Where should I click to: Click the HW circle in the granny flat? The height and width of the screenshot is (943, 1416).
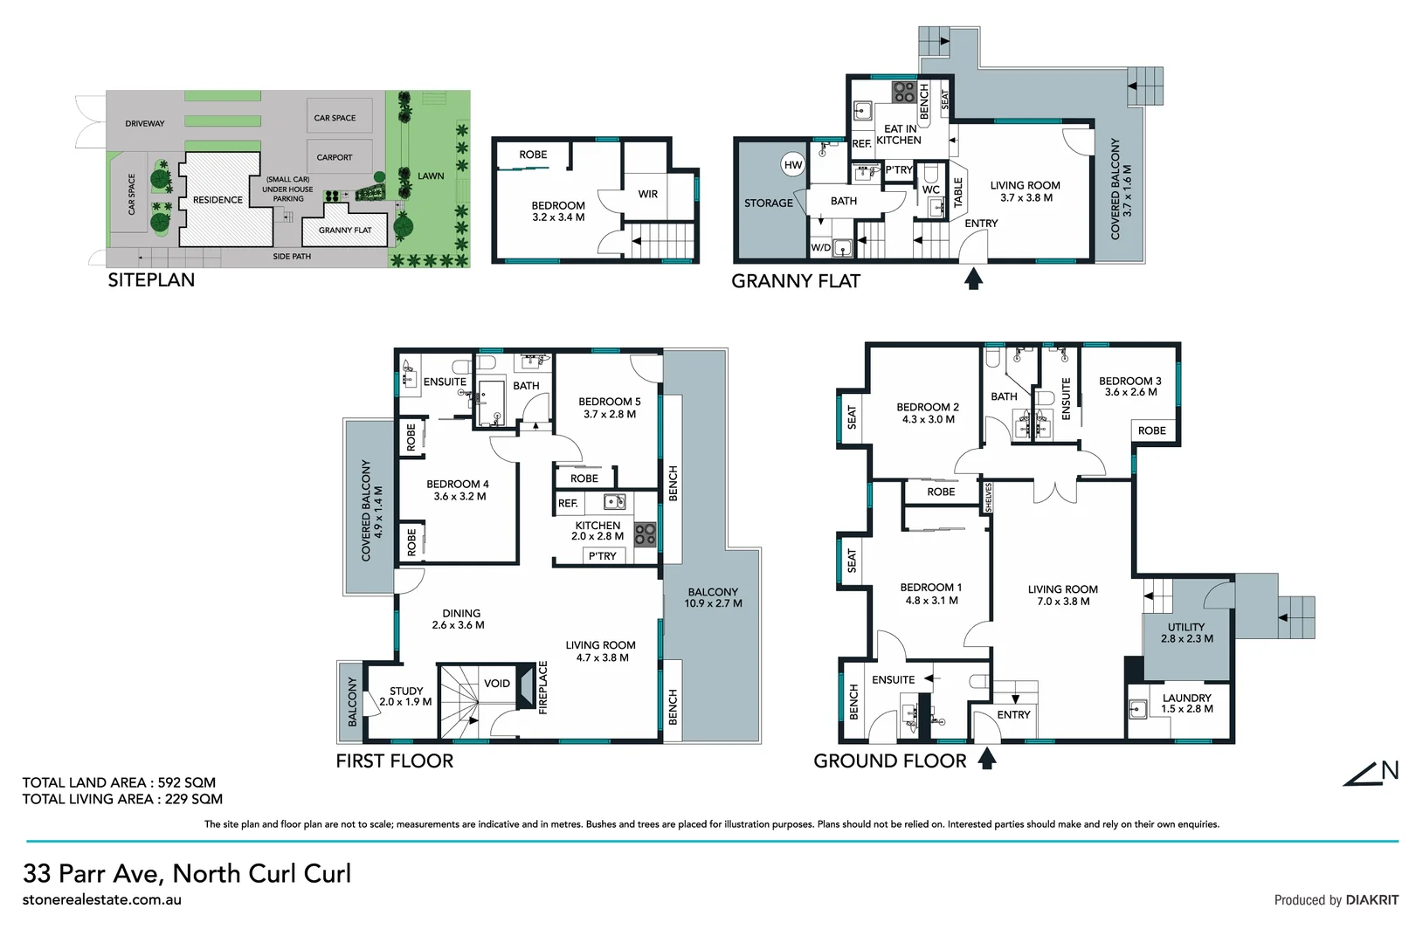pyautogui.click(x=792, y=165)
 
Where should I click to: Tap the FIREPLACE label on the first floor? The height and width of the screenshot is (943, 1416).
pyautogui.click(x=542, y=688)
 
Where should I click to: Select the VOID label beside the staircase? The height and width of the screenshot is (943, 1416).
pyautogui.click(x=496, y=684)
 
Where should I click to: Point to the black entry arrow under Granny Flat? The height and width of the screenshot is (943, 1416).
pyautogui.click(x=973, y=279)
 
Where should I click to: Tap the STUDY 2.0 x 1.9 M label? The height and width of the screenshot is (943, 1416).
pyautogui.click(x=405, y=696)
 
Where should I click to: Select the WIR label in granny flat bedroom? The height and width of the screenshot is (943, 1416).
pyautogui.click(x=647, y=195)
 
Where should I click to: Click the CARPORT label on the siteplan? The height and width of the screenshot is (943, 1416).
pyautogui.click(x=335, y=158)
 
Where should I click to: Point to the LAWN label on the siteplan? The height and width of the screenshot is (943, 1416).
pyautogui.click(x=431, y=176)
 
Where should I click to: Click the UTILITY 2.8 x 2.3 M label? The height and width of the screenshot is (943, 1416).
pyautogui.click(x=1186, y=633)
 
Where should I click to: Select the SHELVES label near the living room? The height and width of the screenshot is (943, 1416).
pyautogui.click(x=989, y=498)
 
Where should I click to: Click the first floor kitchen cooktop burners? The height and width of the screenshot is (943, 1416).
pyautogui.click(x=645, y=533)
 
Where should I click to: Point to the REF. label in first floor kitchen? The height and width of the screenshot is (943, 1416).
pyautogui.click(x=568, y=504)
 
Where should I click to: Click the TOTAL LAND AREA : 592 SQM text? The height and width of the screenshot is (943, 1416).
pyautogui.click(x=119, y=783)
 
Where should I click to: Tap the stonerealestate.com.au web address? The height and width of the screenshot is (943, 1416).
pyautogui.click(x=102, y=900)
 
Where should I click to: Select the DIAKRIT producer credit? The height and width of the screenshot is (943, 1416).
pyautogui.click(x=1371, y=900)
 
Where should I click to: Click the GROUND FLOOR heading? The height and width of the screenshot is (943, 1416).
pyautogui.click(x=889, y=761)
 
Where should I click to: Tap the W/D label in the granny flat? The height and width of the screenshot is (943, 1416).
pyautogui.click(x=820, y=248)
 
